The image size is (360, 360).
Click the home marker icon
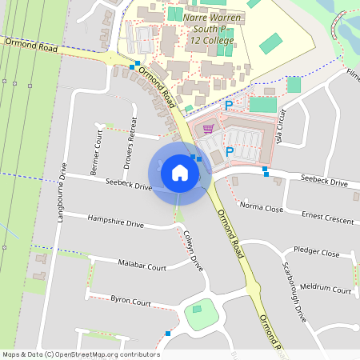[179, 173]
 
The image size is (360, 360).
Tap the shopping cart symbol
[209, 127]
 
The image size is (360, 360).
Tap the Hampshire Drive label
[115, 221]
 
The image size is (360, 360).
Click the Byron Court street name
[130, 302]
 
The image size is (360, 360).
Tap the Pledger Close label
[316, 252]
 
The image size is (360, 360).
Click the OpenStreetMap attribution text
[80, 354]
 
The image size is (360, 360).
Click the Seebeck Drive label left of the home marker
[128, 186]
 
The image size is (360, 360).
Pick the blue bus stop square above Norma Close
[266, 170]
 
